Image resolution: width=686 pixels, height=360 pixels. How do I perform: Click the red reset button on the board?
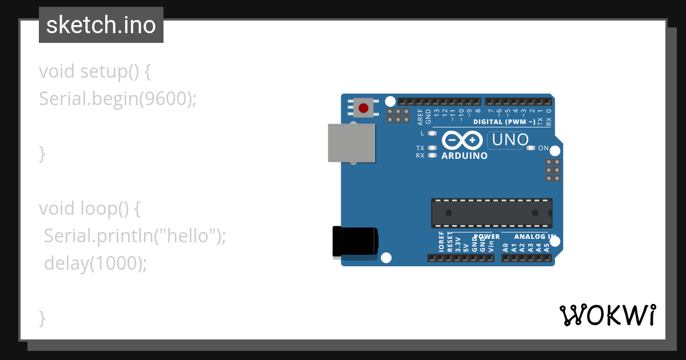pyautogui.click(x=363, y=107)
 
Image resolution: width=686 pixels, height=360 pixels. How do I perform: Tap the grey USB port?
pyautogui.click(x=352, y=142)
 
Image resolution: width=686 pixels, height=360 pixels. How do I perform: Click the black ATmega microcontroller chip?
pyautogui.click(x=492, y=213)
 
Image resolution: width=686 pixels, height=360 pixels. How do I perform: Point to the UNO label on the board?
pyautogui.click(x=505, y=140)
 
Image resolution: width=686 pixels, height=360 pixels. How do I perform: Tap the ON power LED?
pyautogui.click(x=531, y=149)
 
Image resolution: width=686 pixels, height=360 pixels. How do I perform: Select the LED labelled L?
pyautogui.click(x=432, y=133)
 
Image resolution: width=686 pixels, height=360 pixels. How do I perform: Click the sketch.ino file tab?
pyautogui.click(x=101, y=25)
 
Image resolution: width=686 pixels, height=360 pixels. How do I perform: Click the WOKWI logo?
pyautogui.click(x=607, y=314)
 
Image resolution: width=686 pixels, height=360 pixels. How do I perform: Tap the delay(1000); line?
pyautogui.click(x=95, y=263)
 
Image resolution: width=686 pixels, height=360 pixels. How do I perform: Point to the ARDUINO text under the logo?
pyautogui.click(x=465, y=155)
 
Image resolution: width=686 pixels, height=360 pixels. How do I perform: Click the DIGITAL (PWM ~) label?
pyautogui.click(x=504, y=122)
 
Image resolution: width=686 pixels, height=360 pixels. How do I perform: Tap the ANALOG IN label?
pyautogui.click(x=535, y=236)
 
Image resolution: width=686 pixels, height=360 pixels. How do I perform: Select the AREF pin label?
pyautogui.click(x=420, y=117)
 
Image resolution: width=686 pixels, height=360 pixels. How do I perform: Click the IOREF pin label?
pyautogui.click(x=441, y=242)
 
